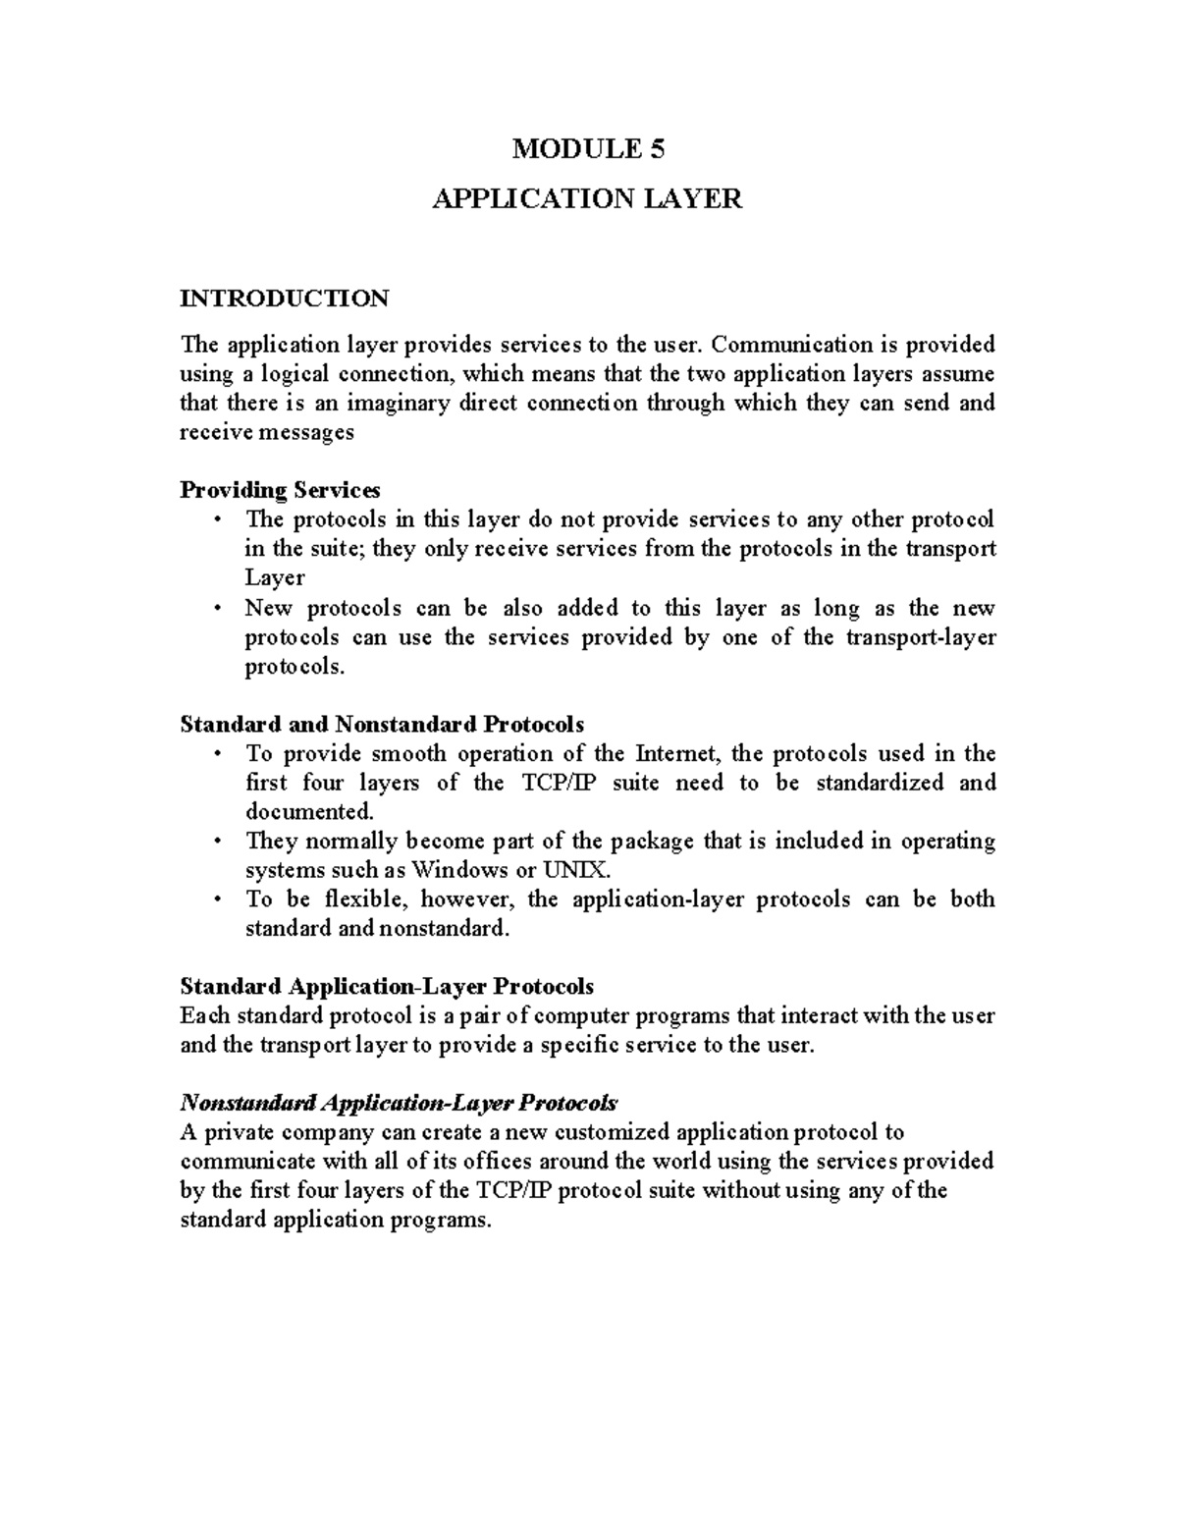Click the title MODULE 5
click(x=588, y=149)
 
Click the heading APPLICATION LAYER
click(x=588, y=199)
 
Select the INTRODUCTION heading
click(x=285, y=298)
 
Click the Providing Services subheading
click(x=280, y=490)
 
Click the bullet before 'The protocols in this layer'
click(x=217, y=519)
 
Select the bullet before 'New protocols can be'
click(x=217, y=609)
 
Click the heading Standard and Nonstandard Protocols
click(x=382, y=725)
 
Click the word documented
click(x=309, y=812)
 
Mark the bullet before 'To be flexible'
click(x=217, y=899)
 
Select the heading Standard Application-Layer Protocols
click(x=387, y=986)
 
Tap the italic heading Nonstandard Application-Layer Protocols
click(x=399, y=1102)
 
